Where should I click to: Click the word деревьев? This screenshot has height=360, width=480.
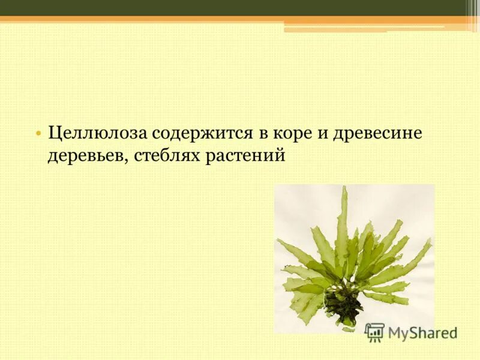point(87,155)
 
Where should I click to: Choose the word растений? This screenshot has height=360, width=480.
point(245,155)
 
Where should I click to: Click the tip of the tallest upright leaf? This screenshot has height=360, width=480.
point(344,189)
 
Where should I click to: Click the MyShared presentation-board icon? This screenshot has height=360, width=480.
point(374,332)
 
